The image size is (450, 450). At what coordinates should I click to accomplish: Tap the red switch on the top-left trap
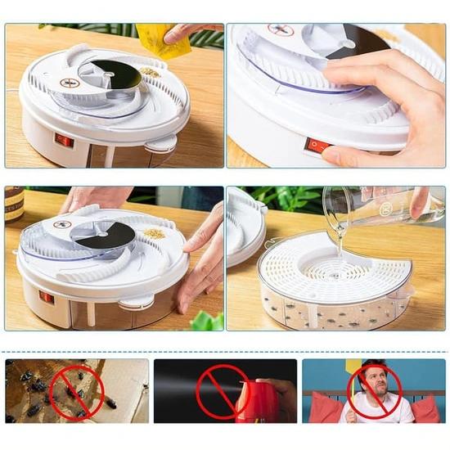click(63, 140)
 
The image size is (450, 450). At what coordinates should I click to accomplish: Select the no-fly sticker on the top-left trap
click(70, 83)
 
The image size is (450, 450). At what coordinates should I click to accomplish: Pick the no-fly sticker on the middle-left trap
click(63, 223)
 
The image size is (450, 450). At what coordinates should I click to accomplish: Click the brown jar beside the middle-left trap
click(14, 205)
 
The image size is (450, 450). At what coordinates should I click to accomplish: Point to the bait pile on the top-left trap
click(150, 73)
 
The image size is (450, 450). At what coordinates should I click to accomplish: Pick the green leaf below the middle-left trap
click(206, 321)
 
